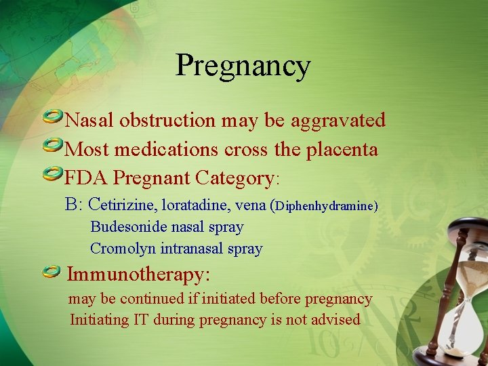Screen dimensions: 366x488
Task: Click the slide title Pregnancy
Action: point(243,66)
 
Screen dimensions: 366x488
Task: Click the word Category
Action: point(233,178)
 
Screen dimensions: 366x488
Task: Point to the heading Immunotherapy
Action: point(139,274)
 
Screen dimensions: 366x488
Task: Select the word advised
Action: point(335,319)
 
